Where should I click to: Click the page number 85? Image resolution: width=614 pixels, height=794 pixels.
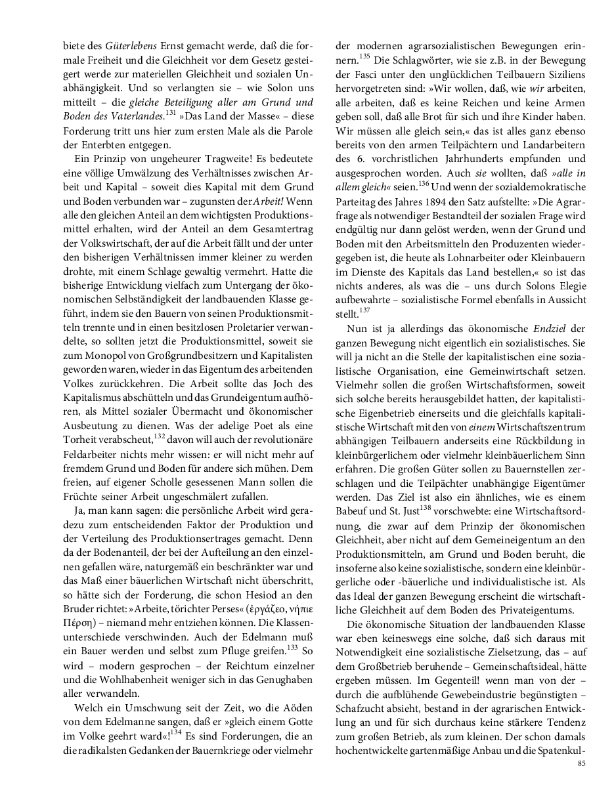click(x=581, y=764)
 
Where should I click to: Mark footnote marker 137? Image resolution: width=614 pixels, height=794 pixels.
click(x=365, y=310)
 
